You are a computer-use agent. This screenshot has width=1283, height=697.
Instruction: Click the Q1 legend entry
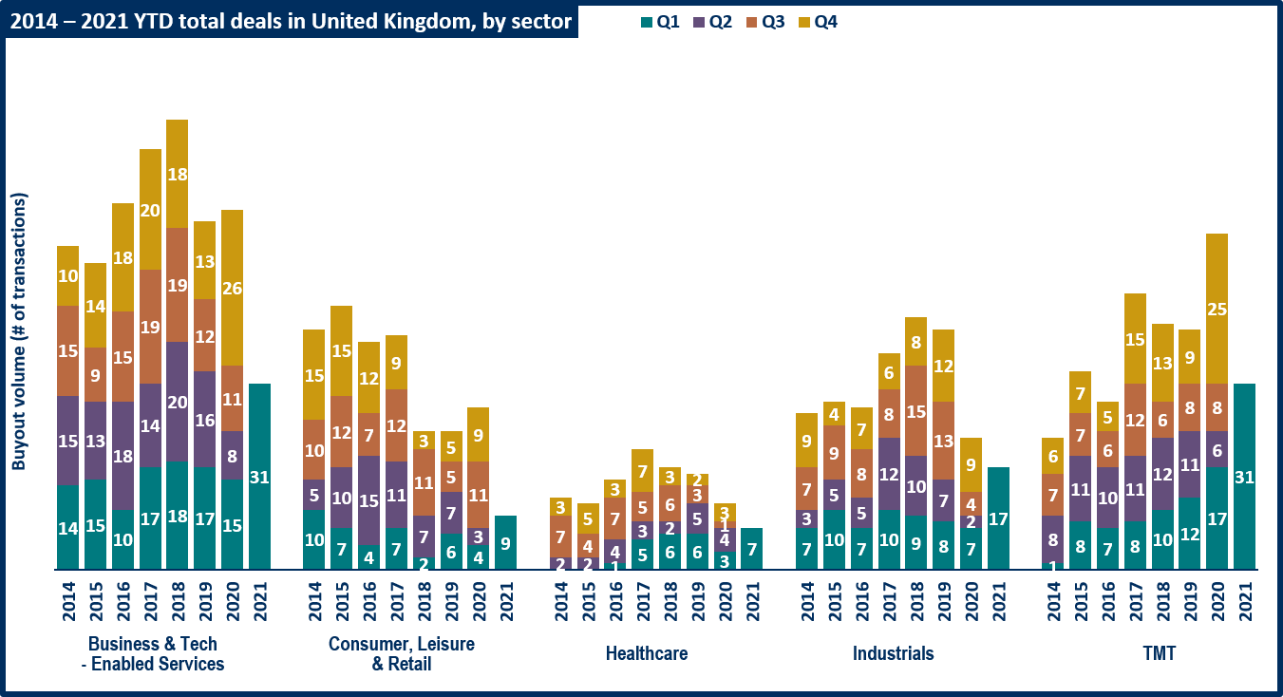pyautogui.click(x=660, y=22)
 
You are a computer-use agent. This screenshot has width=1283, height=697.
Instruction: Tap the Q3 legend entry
pyautogui.click(x=765, y=22)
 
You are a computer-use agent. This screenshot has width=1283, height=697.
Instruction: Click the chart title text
pyautogui.click(x=291, y=22)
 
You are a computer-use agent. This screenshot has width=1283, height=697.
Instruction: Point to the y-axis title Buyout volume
pyautogui.click(x=19, y=331)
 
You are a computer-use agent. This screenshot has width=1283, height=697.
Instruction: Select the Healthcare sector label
pyautogui.click(x=647, y=653)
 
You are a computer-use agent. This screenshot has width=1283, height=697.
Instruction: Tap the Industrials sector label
pyautogui.click(x=893, y=653)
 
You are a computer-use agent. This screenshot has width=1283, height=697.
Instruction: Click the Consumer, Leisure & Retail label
pyautogui.click(x=402, y=653)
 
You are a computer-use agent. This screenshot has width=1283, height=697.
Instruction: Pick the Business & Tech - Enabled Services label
pyautogui.click(x=151, y=653)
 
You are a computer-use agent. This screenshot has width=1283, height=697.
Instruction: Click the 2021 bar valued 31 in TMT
pyautogui.click(x=1244, y=477)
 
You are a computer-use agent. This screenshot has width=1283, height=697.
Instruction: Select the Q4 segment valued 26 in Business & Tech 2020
pyautogui.click(x=233, y=288)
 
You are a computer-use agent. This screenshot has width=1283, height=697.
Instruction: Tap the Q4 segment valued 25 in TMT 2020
pyautogui.click(x=1217, y=309)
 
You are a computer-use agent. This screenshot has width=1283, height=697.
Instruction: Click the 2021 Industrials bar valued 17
pyautogui.click(x=998, y=518)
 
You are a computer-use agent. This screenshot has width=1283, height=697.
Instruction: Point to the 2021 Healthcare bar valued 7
pyautogui.click(x=751, y=549)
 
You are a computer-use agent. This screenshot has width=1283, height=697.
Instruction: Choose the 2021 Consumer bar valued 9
pyautogui.click(x=505, y=543)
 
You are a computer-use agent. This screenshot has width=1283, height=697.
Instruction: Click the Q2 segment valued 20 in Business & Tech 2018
pyautogui.click(x=178, y=402)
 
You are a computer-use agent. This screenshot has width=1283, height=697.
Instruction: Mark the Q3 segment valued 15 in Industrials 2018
pyautogui.click(x=915, y=411)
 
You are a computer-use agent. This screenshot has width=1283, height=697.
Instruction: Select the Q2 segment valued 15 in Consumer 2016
pyautogui.click(x=368, y=500)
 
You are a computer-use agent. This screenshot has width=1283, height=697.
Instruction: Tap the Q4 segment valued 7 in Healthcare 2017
pyautogui.click(x=642, y=471)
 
